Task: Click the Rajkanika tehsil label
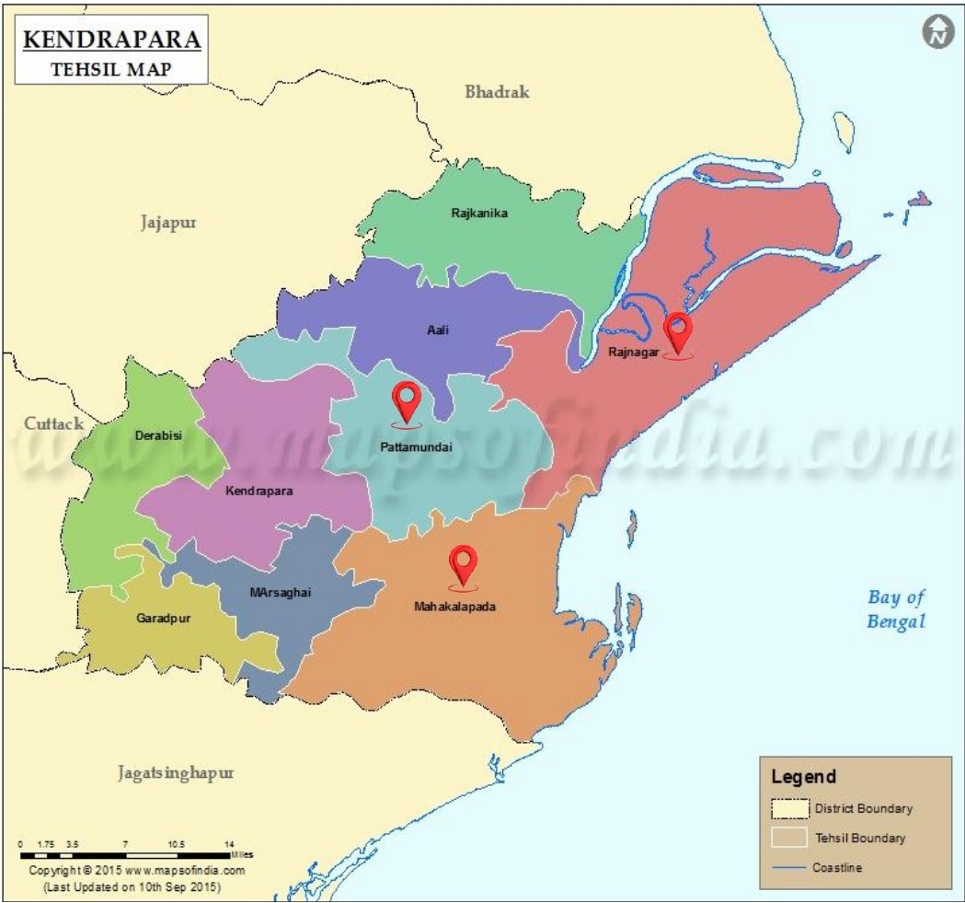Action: (479, 214)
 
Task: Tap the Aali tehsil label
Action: (438, 330)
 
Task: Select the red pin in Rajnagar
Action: (678, 332)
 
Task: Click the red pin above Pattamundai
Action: (406, 401)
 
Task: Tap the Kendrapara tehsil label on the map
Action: (259, 492)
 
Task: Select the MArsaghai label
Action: (281, 592)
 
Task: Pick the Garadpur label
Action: (163, 619)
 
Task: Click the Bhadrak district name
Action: (497, 92)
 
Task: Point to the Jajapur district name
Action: (169, 223)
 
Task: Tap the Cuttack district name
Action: (53, 423)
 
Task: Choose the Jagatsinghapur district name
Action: (176, 772)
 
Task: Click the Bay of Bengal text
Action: (896, 609)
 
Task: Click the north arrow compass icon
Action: (937, 33)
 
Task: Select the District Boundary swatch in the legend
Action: (788, 809)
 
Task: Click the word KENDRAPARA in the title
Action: (110, 41)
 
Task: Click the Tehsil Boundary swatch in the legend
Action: (788, 839)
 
